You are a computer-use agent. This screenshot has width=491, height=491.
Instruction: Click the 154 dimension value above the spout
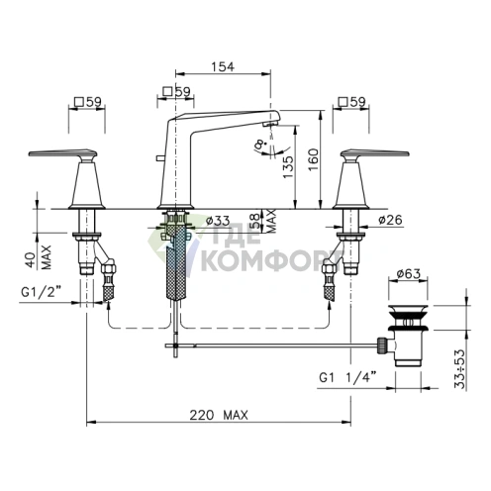click(223, 67)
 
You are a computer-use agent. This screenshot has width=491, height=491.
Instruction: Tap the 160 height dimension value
click(314, 159)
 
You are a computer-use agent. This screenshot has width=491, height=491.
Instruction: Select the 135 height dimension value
click(288, 166)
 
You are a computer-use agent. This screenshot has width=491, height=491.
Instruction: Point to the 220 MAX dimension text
click(219, 415)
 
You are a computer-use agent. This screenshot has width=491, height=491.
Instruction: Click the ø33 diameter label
click(217, 220)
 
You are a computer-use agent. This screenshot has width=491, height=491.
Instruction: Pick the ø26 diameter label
click(390, 220)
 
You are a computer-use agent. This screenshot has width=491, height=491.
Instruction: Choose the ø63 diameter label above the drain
click(409, 273)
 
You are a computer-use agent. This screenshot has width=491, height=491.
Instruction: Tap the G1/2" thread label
click(42, 292)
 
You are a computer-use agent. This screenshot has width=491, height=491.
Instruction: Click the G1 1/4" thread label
click(347, 377)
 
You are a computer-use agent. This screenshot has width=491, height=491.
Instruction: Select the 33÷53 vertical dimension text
click(459, 369)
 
